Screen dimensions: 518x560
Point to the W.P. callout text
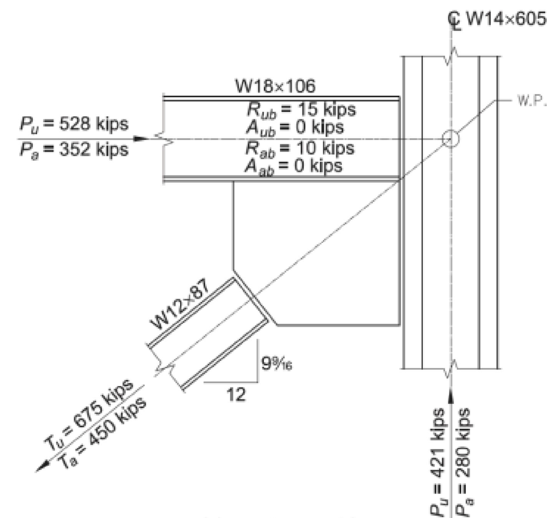tap(532, 101)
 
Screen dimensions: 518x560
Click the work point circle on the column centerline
tap(451, 139)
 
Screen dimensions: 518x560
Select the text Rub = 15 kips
tap(301, 110)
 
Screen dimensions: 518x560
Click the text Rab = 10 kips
tap(300, 148)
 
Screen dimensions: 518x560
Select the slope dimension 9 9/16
tap(277, 364)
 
